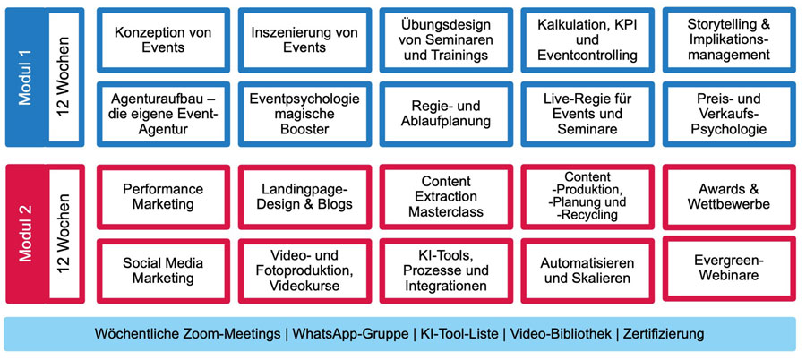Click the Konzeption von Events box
click(163, 40)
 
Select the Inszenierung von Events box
click(304, 40)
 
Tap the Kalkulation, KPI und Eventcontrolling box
click(587, 40)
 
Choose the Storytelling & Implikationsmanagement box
click(729, 40)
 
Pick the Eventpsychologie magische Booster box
click(304, 114)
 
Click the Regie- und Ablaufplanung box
click(446, 114)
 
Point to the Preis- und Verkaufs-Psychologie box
click(729, 114)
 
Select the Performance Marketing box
click(163, 197)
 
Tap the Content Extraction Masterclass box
click(446, 197)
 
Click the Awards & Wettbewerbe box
click(729, 197)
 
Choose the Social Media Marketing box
click(163, 271)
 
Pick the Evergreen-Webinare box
click(729, 269)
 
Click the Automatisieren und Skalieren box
click(587, 271)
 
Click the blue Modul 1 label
click(26, 77)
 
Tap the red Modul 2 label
click(26, 234)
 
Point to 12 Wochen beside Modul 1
click(64, 77)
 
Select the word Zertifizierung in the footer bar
click(664, 334)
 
